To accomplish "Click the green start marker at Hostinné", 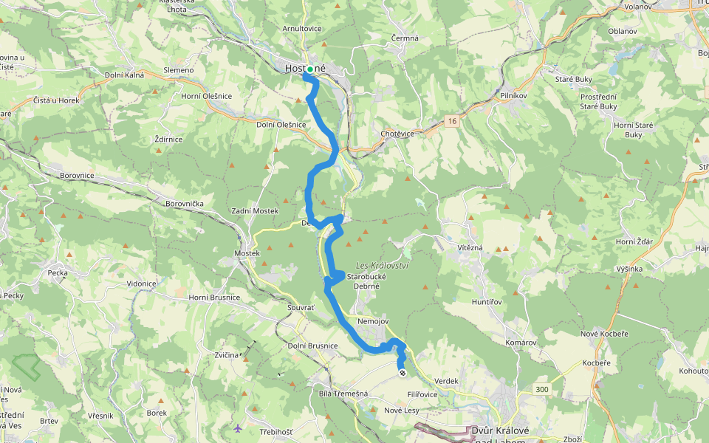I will point(311,69).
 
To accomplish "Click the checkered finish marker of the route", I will point(403,373).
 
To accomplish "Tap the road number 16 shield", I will point(451,120).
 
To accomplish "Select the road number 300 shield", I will point(543,388).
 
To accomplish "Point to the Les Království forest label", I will point(382,265).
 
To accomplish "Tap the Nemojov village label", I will point(372,321).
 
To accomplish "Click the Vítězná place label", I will point(469,247).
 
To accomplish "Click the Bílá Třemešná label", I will point(343,394).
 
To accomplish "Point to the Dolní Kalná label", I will point(124,75).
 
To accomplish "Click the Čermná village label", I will point(405,38).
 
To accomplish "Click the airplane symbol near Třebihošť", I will point(237,428).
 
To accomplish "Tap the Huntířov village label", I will point(487,302).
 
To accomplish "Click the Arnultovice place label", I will point(301,28).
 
